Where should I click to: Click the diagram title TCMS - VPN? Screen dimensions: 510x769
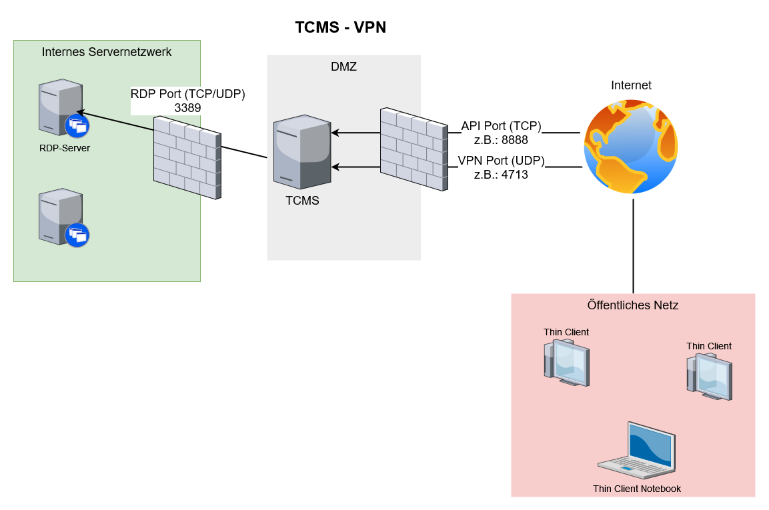(341, 27)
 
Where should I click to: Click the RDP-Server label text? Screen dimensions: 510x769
(65, 148)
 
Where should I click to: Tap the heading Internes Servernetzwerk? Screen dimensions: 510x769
(107, 52)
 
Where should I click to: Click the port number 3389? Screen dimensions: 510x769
(187, 107)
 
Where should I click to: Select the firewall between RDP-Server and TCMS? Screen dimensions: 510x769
(187, 157)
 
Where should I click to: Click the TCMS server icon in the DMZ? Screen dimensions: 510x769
(302, 153)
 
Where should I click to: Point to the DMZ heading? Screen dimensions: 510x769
(343, 67)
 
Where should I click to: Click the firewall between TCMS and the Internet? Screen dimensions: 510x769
(414, 149)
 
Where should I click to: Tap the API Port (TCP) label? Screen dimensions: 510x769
(501, 126)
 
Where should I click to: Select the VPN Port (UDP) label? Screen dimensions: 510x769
(501, 161)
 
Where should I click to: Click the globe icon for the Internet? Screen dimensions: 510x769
(631, 147)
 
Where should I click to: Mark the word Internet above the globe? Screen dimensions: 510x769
(631, 85)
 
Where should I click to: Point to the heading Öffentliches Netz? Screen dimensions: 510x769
(633, 305)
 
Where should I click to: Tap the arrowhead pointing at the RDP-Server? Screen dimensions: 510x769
(79, 112)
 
